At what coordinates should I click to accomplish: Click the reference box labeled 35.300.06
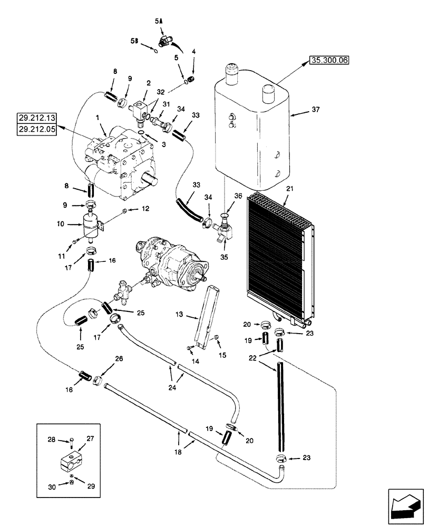[329, 61]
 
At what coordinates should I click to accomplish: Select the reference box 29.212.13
[40, 118]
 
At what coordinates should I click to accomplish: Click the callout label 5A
[159, 21]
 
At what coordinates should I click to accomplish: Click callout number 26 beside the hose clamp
[118, 359]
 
